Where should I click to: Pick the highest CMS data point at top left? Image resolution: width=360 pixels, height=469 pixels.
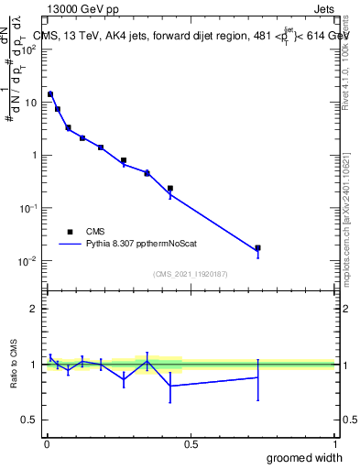(x=50, y=93)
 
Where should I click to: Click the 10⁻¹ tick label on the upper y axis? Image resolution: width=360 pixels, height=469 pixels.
(x=27, y=208)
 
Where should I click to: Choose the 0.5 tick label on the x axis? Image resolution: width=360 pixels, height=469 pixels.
(x=191, y=443)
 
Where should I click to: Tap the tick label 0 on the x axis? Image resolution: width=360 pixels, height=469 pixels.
(x=46, y=443)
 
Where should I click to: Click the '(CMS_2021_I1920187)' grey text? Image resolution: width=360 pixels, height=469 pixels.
(x=191, y=273)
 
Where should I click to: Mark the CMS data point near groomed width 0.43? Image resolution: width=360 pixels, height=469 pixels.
(x=170, y=188)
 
